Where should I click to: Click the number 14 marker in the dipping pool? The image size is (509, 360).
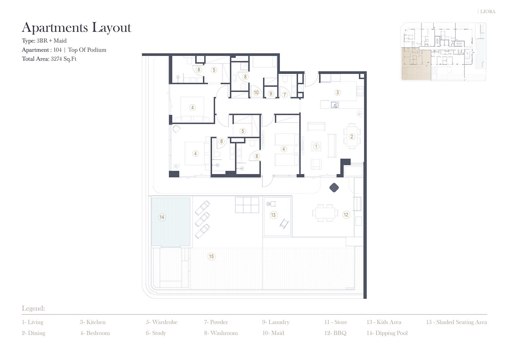[x=162, y=217]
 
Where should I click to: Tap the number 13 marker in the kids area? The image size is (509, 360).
[x=274, y=215]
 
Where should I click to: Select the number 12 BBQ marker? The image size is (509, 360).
[x=346, y=214]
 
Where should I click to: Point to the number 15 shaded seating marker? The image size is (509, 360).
[x=211, y=257]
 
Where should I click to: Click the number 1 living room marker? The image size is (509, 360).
[x=316, y=146]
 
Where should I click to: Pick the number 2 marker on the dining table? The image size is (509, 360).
[x=352, y=136]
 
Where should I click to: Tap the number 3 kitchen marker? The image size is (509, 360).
[x=337, y=92]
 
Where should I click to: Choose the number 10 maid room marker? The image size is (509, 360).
[x=256, y=93]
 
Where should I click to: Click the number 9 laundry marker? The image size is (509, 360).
[x=271, y=93]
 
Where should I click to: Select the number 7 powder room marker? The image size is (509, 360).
[x=284, y=95]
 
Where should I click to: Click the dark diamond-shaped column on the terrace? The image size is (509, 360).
[x=334, y=188]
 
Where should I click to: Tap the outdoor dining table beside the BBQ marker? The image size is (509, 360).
[x=325, y=213]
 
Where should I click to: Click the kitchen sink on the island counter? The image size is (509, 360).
[x=335, y=105]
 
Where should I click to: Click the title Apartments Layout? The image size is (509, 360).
[x=77, y=28]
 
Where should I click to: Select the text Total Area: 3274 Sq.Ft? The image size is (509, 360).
[x=49, y=59]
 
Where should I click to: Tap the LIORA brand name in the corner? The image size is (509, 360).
[x=488, y=12]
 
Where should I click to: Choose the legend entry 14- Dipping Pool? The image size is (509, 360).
[x=387, y=333]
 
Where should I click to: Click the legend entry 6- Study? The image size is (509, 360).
[x=156, y=333]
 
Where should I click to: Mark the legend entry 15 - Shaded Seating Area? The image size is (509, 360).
[x=456, y=322]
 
